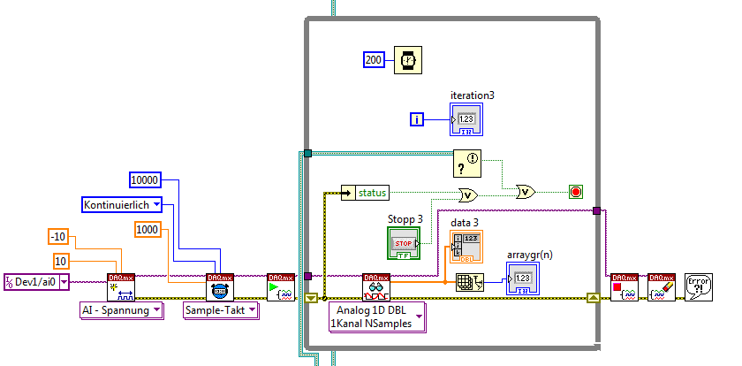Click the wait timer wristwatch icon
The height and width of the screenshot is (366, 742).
point(407,59)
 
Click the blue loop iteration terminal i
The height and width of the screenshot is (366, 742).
point(420,119)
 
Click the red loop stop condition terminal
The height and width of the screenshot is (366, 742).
point(576,191)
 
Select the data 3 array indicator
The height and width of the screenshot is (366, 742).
point(466,246)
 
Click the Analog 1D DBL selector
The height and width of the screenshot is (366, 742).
point(376,317)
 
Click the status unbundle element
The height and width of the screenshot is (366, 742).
point(364,192)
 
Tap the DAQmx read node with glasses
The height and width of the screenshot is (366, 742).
point(376,287)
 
